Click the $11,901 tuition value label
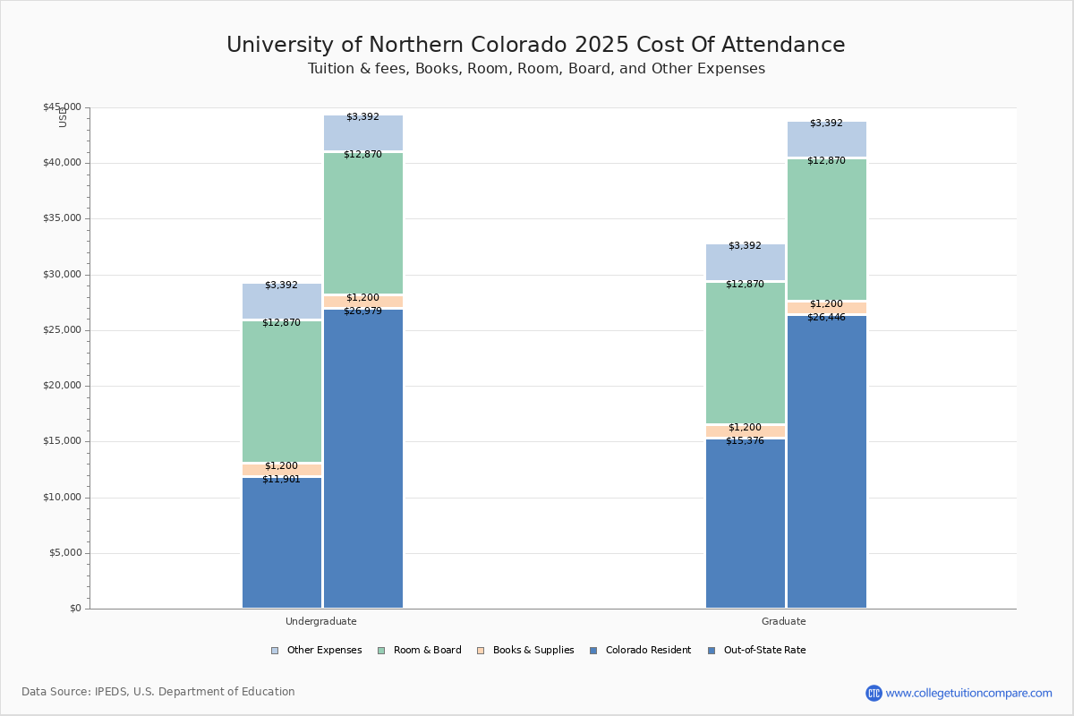coord(281,479)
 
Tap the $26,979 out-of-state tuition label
coord(363,311)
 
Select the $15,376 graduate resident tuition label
coord(745,440)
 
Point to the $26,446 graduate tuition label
coord(827,317)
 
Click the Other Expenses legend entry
coord(317,651)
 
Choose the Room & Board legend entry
coord(420,651)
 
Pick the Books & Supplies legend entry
coord(525,651)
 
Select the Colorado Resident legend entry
coord(641,651)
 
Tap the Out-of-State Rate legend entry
coord(757,651)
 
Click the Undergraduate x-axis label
coord(321,621)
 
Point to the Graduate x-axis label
coord(784,621)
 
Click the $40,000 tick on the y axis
coord(63,163)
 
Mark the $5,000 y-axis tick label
coord(65,553)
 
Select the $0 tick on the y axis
coord(76,609)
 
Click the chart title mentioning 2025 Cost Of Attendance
coord(535,45)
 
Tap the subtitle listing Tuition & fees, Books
coord(536,69)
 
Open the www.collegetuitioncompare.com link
coord(968,693)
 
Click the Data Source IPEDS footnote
coord(158,692)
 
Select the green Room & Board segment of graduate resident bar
coord(746,353)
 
